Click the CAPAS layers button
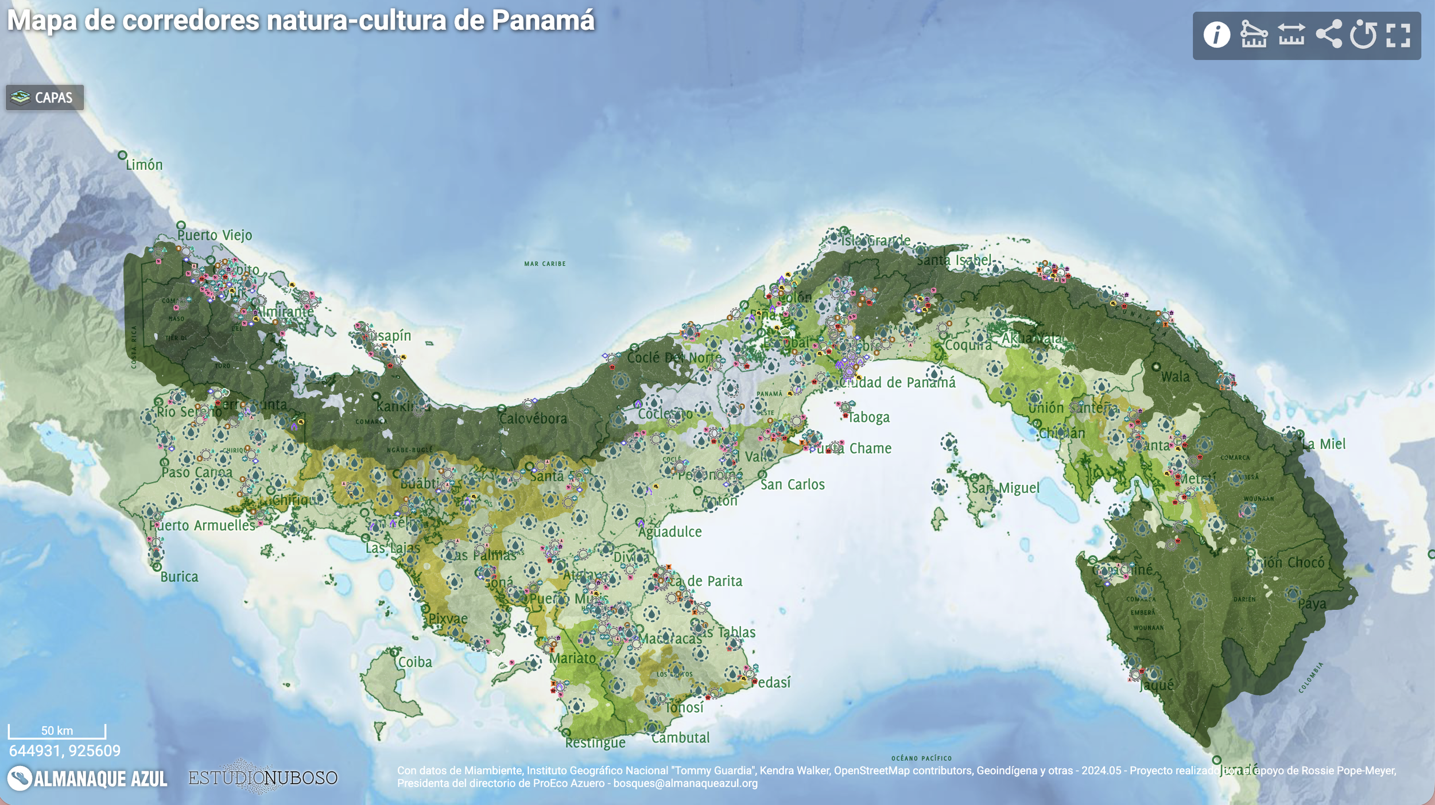[x=45, y=98]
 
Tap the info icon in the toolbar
[x=1216, y=35]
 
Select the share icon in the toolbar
[x=1328, y=34]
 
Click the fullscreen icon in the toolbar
[x=1398, y=35]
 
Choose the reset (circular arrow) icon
[x=1363, y=35]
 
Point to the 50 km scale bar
[x=57, y=731]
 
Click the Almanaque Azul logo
[x=87, y=779]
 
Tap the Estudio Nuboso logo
[x=263, y=777]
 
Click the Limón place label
[x=144, y=165]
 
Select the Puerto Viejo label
[x=215, y=235]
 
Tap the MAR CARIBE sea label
[x=545, y=264]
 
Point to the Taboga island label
[x=868, y=418]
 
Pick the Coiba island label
[x=415, y=662]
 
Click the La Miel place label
[x=1324, y=444]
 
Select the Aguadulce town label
[x=670, y=532]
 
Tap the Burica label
[x=179, y=577]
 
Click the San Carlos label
[x=793, y=485]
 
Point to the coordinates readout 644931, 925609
[x=65, y=751]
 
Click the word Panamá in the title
[x=543, y=21]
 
